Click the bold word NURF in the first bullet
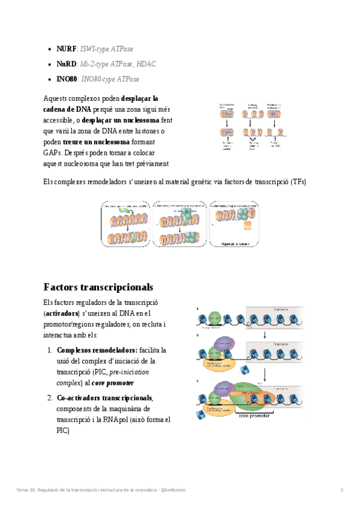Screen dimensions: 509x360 coord(67,49)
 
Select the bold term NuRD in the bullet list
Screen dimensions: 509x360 coord(67,64)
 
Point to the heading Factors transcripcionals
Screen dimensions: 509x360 coord(98,286)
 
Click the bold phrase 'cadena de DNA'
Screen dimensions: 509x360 coord(67,109)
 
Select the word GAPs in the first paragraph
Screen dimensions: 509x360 coord(52,152)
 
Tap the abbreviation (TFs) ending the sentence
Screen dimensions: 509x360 coord(298,182)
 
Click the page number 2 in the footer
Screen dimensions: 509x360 coord(341,490)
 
